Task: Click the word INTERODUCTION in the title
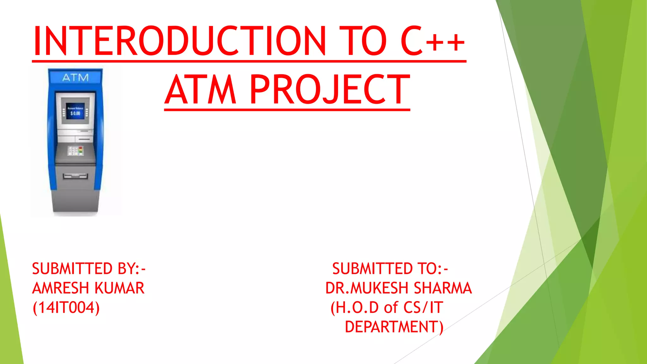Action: pyautogui.click(x=179, y=41)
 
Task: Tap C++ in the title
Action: pyautogui.click(x=433, y=41)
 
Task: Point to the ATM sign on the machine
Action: pyautogui.click(x=76, y=77)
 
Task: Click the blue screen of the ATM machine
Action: pyautogui.click(x=75, y=111)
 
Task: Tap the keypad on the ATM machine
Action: pyautogui.click(x=76, y=151)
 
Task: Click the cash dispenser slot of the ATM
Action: pyautogui.click(x=75, y=176)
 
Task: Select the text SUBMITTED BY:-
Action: pyautogui.click(x=89, y=269)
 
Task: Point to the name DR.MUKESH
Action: pyautogui.click(x=367, y=288)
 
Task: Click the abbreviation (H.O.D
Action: pyautogui.click(x=354, y=307)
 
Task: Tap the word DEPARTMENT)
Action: pyautogui.click(x=394, y=327)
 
